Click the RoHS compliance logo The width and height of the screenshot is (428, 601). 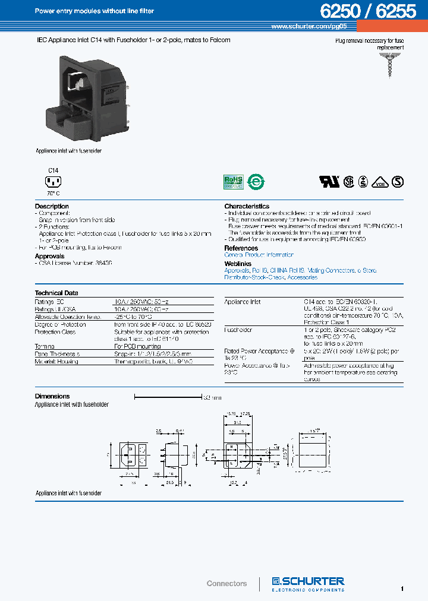(232, 181)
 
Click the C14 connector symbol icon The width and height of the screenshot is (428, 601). (53, 182)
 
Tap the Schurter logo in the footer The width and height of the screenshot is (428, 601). (308, 584)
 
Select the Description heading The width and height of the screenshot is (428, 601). (52, 207)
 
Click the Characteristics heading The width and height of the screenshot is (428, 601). (247, 207)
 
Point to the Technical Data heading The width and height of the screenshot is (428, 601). (56, 293)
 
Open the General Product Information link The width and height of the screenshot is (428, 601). (259, 255)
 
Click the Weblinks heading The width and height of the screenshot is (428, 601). (238, 263)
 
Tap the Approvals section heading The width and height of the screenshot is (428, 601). (49, 257)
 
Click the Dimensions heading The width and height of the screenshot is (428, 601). (52, 396)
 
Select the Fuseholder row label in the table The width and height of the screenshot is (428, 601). (238, 330)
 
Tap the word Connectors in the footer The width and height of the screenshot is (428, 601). (226, 584)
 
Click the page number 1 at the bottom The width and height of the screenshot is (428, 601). (402, 588)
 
